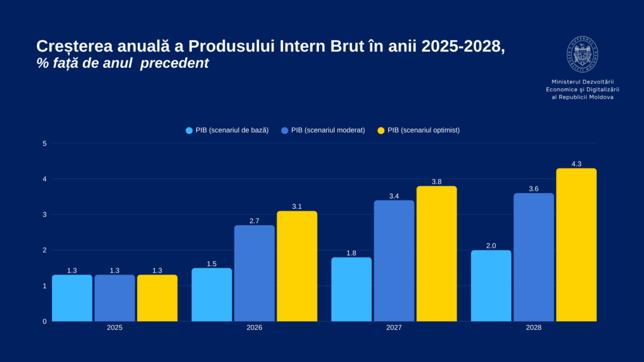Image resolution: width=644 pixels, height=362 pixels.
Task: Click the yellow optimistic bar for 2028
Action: click(x=576, y=245)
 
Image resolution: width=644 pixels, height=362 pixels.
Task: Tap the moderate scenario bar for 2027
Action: click(x=394, y=260)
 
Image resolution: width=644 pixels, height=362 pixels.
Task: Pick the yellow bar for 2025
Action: click(x=157, y=298)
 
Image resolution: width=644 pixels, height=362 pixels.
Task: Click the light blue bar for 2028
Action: click(x=491, y=285)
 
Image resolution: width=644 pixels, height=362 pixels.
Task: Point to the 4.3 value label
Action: click(x=576, y=164)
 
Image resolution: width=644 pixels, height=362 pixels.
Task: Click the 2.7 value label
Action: click(x=254, y=221)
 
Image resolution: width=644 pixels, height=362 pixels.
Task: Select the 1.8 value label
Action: click(x=352, y=253)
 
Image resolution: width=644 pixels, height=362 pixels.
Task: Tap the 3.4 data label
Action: click(x=394, y=196)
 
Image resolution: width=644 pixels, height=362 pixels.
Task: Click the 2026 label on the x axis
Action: click(x=254, y=328)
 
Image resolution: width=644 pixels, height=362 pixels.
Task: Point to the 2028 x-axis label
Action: click(x=533, y=328)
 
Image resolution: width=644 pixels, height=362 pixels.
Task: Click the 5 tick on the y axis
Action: click(x=45, y=143)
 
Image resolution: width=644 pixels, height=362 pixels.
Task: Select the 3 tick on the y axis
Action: click(x=45, y=214)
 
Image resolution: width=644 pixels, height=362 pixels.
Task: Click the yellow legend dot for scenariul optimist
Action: click(x=380, y=131)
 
